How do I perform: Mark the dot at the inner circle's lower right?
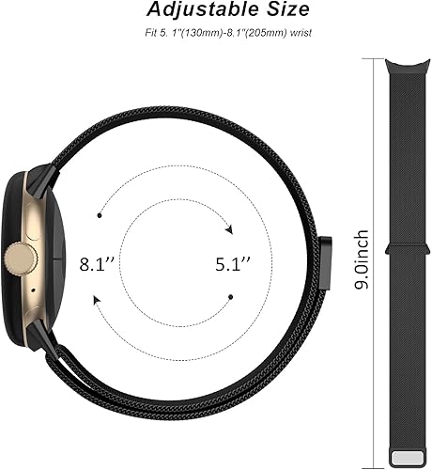pos(228,298)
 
